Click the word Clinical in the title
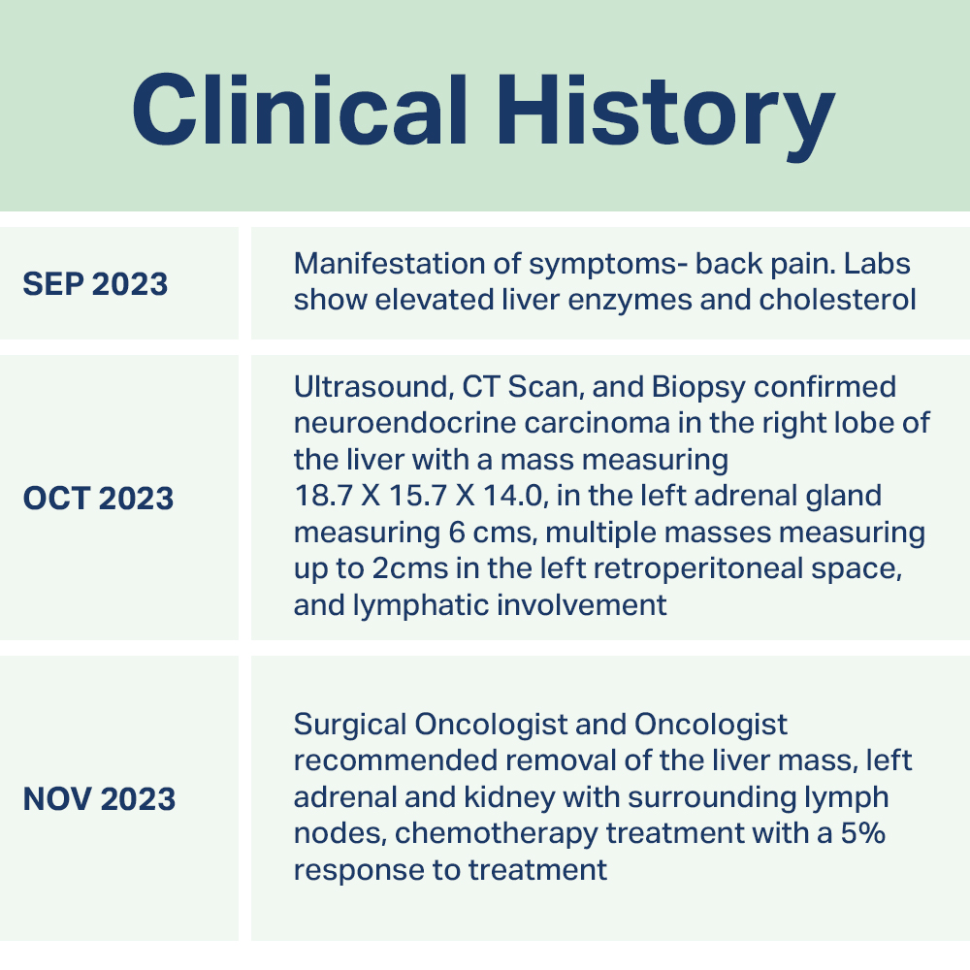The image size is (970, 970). pyautogui.click(x=300, y=111)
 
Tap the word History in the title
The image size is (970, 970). pyautogui.click(x=665, y=116)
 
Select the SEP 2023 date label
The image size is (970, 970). pyautogui.click(x=95, y=284)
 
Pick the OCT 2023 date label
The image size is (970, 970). pyautogui.click(x=98, y=498)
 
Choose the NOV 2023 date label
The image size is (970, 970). pyautogui.click(x=99, y=798)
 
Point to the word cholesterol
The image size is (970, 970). pyautogui.click(x=838, y=300)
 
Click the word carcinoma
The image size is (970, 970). pyautogui.click(x=598, y=423)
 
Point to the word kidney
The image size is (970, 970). pyautogui.click(x=510, y=798)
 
